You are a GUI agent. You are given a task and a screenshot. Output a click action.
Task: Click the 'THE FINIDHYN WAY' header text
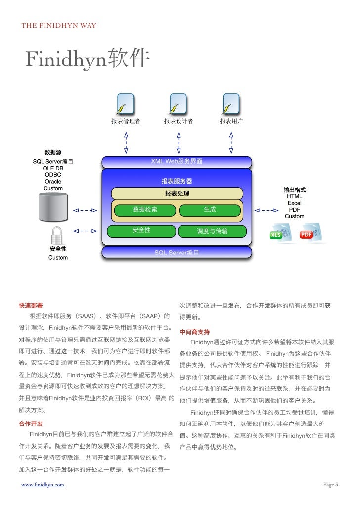click(58, 26)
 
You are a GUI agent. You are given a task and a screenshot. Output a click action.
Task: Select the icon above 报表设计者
click(179, 104)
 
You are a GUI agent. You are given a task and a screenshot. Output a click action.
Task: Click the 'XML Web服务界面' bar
click(177, 162)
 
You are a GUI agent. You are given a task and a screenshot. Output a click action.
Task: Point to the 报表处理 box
click(177, 193)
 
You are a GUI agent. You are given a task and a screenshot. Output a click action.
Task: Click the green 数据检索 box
click(145, 210)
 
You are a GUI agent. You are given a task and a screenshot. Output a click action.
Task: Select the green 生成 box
click(210, 210)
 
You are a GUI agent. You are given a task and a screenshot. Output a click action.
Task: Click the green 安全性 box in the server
click(141, 230)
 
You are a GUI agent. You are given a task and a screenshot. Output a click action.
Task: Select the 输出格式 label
click(294, 190)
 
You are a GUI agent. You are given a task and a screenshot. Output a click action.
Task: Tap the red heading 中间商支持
click(194, 332)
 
